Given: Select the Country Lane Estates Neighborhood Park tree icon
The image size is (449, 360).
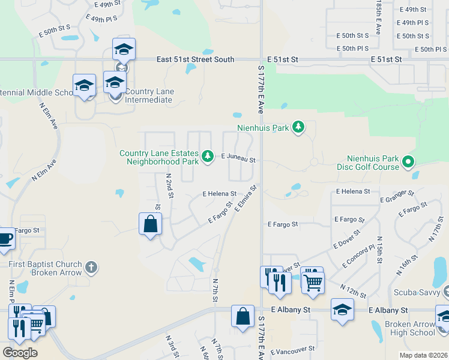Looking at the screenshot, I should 208,157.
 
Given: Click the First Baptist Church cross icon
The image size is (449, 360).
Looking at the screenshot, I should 91,267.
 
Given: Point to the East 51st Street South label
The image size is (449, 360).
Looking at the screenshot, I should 195,59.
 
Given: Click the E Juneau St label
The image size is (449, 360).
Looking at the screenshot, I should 238,160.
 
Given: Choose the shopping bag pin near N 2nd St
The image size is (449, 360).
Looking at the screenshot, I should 150,224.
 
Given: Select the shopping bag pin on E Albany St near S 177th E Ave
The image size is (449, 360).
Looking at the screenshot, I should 242,316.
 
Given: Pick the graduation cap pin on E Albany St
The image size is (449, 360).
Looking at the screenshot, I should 342,310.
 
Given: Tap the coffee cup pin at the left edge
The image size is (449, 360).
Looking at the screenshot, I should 5,238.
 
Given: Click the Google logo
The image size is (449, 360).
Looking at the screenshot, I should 20,353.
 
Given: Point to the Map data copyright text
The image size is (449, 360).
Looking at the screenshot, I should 423,355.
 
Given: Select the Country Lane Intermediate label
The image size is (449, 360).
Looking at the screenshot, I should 149,95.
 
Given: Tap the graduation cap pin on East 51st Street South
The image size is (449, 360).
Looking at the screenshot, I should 124,49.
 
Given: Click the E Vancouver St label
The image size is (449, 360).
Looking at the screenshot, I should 292,349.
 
